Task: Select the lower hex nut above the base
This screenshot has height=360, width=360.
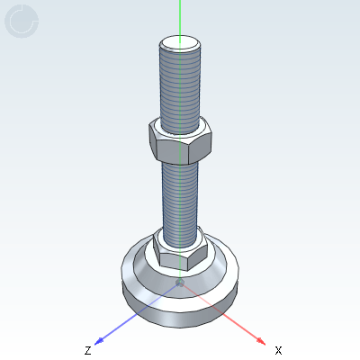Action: (180, 249)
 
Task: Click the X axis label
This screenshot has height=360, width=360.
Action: (278, 349)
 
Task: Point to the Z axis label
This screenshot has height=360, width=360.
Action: (87, 349)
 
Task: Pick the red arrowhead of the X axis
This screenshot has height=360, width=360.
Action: (260, 340)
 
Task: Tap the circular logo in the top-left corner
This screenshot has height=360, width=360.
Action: (22, 22)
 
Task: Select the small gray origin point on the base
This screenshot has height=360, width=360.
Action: (180, 283)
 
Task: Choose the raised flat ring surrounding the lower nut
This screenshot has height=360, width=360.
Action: (216, 255)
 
